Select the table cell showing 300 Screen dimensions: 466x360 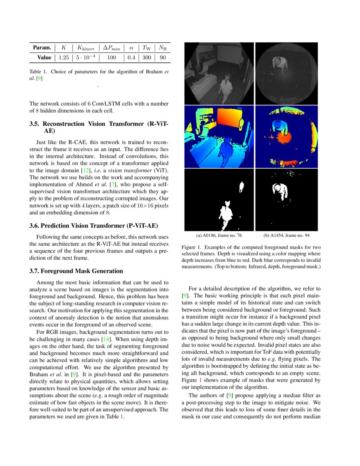tap(147, 57)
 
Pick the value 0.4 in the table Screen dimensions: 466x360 tap(131, 57)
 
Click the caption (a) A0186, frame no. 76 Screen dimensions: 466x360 tap(219, 235)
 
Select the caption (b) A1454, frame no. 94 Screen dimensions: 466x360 tap(286, 235)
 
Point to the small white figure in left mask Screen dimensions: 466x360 tap(241, 186)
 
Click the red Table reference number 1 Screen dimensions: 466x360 tap(122, 416)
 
